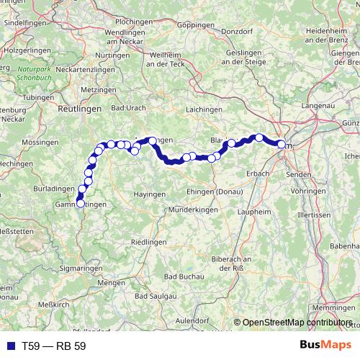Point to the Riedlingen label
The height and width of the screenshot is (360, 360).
point(149,240)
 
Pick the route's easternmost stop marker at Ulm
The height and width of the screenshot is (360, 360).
point(282,145)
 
